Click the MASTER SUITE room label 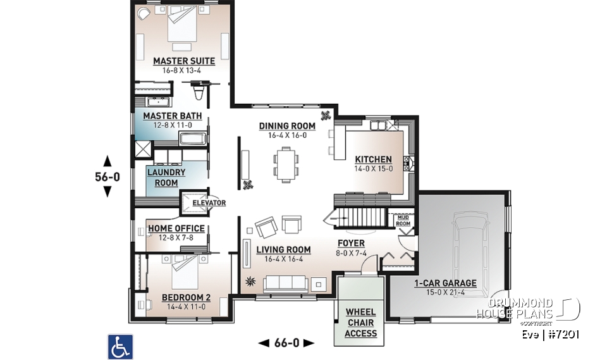184,61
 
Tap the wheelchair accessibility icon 120,347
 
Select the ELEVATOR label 209,203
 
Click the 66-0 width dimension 286,343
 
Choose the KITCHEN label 373,159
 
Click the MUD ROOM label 403,220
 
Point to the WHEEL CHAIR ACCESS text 361,323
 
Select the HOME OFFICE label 176,228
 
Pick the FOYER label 351,244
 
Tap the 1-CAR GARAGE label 445,283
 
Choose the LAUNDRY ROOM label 166,177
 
